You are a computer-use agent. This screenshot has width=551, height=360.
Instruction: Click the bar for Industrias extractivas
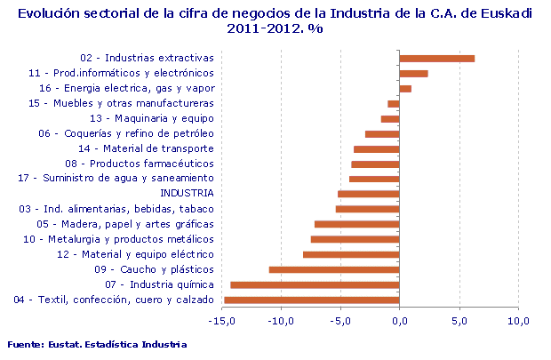436,59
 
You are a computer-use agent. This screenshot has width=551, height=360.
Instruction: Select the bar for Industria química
315,284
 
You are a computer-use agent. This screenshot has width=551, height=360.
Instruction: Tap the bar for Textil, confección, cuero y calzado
312,300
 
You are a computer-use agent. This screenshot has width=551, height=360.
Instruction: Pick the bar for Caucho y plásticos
334,269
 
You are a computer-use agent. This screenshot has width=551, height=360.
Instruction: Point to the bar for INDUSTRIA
369,194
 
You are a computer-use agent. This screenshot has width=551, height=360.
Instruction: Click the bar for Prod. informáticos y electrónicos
413,74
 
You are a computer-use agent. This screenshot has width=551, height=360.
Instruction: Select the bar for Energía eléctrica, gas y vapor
405,89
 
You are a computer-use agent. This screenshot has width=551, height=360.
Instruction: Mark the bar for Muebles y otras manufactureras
394,104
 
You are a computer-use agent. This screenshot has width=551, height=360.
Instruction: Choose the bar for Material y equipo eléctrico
351,254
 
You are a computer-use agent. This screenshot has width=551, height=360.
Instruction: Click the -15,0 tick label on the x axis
222,320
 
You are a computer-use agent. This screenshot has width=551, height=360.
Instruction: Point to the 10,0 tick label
518,320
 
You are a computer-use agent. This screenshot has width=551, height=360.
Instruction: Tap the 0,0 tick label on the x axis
400,320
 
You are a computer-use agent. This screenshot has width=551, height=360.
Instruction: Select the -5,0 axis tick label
340,320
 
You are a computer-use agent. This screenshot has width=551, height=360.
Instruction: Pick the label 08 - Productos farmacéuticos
140,164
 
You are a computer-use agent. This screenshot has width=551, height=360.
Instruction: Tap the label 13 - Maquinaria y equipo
152,118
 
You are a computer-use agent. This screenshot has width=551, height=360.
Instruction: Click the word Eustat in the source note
67,344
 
